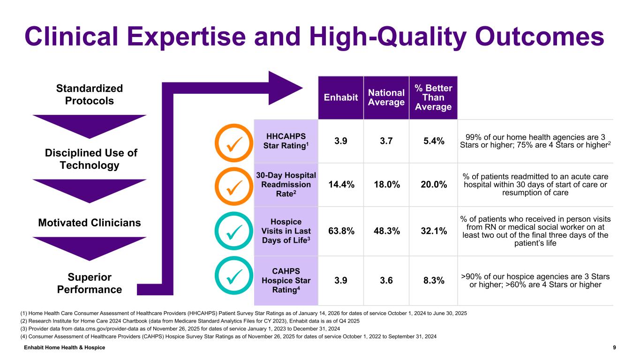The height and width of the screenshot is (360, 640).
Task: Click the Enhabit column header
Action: point(340,97)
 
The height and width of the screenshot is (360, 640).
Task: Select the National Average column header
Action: point(386,97)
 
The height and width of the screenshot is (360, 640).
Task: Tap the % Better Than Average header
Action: point(433,97)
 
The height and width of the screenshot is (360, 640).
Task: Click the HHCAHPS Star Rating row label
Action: point(286,141)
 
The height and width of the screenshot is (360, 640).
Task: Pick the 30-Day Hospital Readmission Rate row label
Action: point(286,185)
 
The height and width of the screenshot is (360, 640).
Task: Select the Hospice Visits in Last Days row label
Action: point(286,231)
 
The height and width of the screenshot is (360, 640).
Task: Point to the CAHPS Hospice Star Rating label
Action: point(286,280)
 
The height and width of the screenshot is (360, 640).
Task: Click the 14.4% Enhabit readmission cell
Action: point(340,185)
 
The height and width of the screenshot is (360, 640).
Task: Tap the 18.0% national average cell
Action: point(386,185)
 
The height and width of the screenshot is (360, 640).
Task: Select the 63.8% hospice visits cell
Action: point(340,231)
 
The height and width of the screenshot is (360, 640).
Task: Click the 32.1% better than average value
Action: point(433,231)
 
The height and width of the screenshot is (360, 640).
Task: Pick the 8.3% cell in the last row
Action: point(433,280)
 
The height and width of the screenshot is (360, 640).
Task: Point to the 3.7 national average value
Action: point(386,141)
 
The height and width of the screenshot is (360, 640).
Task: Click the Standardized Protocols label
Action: point(90,95)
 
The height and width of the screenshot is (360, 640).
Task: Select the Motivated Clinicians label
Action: point(90,223)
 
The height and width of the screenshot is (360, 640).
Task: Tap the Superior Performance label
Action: point(90,283)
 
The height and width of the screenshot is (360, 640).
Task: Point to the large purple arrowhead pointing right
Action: point(284,88)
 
